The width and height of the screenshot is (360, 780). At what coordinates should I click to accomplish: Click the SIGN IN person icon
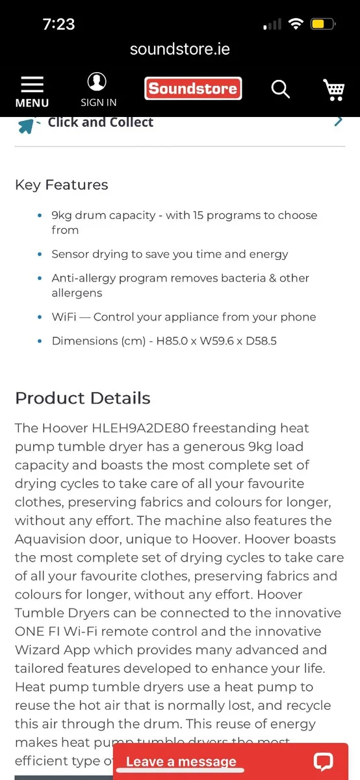point(97,82)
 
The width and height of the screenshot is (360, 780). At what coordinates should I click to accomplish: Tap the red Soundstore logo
point(193,88)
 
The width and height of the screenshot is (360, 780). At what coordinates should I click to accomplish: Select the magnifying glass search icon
point(280,89)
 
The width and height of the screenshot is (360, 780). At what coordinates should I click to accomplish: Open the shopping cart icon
point(334,90)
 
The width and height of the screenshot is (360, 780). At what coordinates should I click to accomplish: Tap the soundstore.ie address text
point(180,49)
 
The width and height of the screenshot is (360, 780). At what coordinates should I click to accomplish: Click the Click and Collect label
point(101,122)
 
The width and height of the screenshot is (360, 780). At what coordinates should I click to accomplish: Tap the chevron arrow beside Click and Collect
point(338,121)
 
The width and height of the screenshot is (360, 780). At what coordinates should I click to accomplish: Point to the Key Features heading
point(62,185)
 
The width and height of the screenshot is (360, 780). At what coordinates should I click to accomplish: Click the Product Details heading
point(83,398)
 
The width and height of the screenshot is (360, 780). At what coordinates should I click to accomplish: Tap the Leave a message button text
point(181,762)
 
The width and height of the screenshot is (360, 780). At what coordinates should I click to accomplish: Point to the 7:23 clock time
point(58,25)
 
